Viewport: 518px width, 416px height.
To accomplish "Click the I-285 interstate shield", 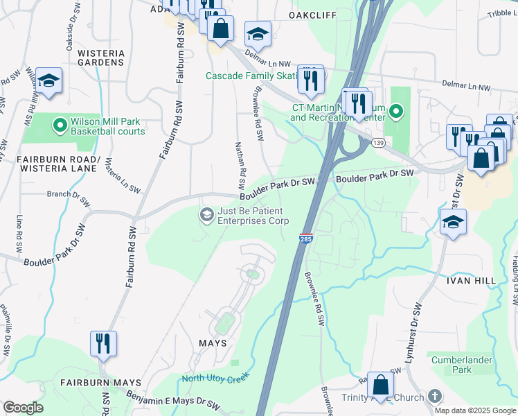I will [x=305, y=238].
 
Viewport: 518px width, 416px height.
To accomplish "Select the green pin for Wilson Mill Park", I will [x=60, y=125].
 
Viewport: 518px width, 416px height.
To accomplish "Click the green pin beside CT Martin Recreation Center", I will [x=395, y=111].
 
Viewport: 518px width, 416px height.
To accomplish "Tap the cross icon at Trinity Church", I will [x=434, y=397].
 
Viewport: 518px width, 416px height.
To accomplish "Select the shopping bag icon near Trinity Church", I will [x=380, y=384].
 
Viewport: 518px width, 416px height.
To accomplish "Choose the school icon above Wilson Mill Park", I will [x=48, y=80].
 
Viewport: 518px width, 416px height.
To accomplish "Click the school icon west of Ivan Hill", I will [x=453, y=222].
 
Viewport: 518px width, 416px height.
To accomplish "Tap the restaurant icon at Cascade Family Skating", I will [x=311, y=78].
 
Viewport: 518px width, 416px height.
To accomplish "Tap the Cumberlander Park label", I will [x=461, y=365].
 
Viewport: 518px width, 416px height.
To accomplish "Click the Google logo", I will [x=23, y=408].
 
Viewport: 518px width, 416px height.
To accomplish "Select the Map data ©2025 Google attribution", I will [x=474, y=410].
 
